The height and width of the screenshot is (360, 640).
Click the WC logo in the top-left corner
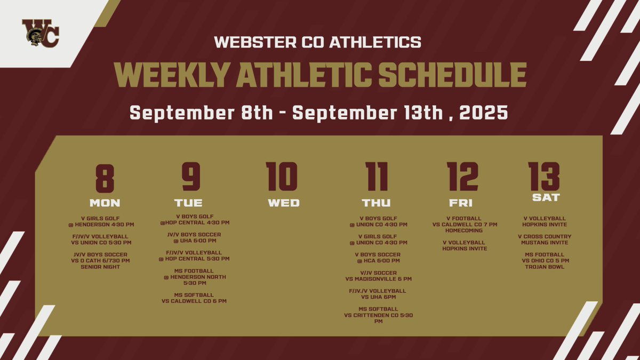point(40,33)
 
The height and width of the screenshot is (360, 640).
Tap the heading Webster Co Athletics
point(318,42)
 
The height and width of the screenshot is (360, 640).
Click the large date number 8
point(105,177)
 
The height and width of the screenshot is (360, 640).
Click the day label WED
point(283,203)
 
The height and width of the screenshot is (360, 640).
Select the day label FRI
point(461,203)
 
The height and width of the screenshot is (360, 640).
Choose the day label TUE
point(188,203)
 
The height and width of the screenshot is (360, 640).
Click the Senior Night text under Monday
point(105,266)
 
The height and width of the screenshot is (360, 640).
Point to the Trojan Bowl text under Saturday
point(544,266)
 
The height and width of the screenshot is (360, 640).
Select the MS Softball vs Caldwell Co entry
point(194,298)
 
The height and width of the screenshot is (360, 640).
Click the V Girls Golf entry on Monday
point(105,221)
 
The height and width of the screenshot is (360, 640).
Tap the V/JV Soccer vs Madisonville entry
point(378,276)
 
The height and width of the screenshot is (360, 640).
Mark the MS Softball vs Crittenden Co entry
point(378,315)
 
